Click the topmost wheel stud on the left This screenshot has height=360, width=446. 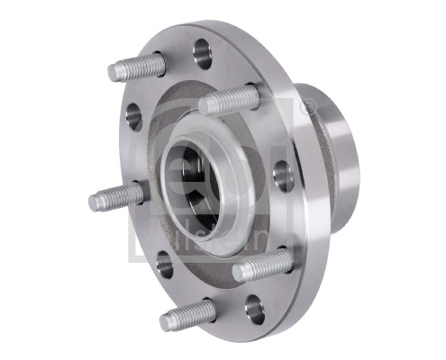[x=140, y=67]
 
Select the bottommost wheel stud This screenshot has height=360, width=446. [x=189, y=315]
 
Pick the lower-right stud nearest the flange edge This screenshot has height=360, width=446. [x=263, y=265]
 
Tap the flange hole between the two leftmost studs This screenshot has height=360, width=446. [x=134, y=115]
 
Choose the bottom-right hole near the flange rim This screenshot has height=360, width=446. [x=255, y=310]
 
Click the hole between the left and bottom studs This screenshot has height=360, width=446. [x=164, y=264]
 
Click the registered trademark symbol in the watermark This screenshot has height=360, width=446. [x=308, y=107]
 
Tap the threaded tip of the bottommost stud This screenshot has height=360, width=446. [x=169, y=321]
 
